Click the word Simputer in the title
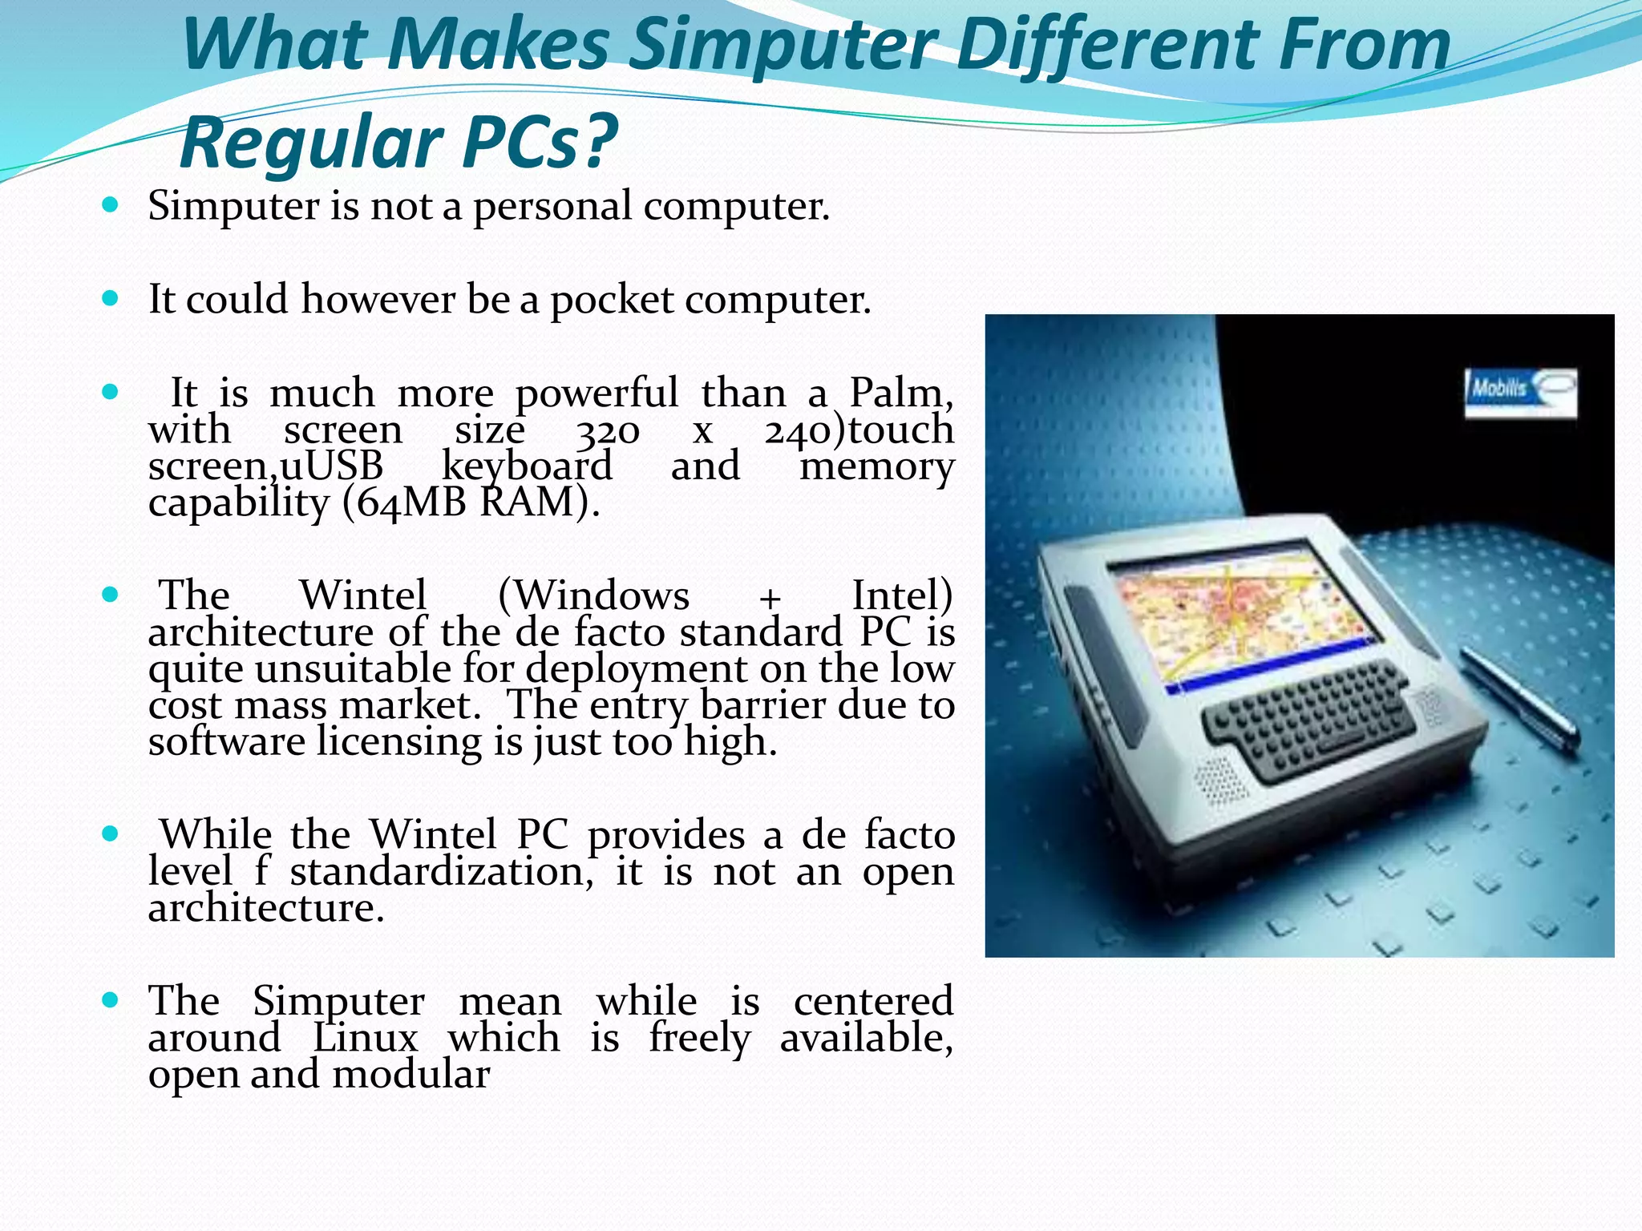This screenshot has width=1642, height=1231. (x=783, y=46)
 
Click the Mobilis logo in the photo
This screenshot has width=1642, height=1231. (x=1519, y=392)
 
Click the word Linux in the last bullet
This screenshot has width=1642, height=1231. (x=365, y=1038)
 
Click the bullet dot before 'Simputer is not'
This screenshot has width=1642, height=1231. (x=111, y=205)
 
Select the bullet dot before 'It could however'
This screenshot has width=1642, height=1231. (x=111, y=299)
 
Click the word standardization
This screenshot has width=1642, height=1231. (x=442, y=872)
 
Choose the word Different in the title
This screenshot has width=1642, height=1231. (x=1110, y=46)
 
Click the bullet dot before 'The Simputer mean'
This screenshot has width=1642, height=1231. (x=111, y=1000)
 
